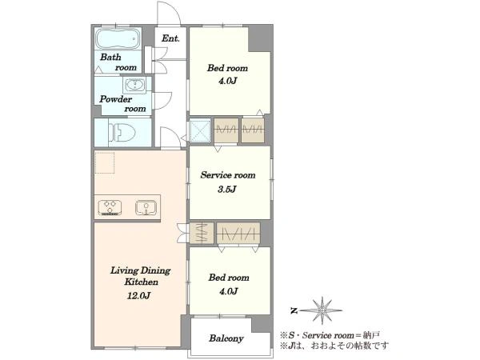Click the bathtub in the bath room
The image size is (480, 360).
click(x=118, y=39)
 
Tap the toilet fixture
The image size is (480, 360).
click(x=122, y=132)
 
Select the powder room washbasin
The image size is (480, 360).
click(x=134, y=85)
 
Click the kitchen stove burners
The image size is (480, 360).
click(x=110, y=207)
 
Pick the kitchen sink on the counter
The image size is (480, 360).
click(x=146, y=207)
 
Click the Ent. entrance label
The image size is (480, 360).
click(x=170, y=38)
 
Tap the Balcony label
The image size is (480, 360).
click(x=226, y=338)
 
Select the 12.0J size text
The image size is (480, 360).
click(x=138, y=296)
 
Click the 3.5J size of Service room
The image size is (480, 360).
click(x=227, y=189)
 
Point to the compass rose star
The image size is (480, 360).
click(x=322, y=310)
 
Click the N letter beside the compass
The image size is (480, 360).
click(x=294, y=311)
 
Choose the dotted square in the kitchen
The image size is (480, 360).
click(x=105, y=162)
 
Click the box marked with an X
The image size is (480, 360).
click(x=200, y=130)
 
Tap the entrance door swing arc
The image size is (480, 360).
click(x=173, y=8)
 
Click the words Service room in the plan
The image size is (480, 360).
click(x=228, y=175)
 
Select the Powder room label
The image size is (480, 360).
click(x=122, y=103)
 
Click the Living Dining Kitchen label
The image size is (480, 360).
click(x=141, y=276)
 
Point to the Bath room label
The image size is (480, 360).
click(x=118, y=62)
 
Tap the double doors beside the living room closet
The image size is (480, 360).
click(x=182, y=234)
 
